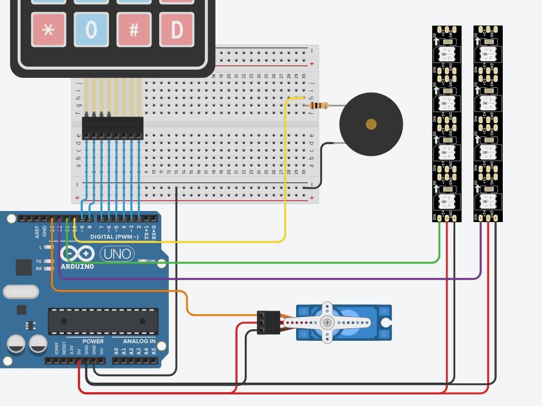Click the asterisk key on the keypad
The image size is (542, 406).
point(49,29)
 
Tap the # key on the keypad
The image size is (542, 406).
point(134,29)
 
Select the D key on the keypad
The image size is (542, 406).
point(177,29)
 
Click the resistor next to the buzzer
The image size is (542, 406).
point(319,106)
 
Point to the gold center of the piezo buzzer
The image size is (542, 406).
point(371,124)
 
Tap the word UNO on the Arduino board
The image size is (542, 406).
point(117,254)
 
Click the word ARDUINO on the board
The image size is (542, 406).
point(77,266)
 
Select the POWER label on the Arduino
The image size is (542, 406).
point(93,341)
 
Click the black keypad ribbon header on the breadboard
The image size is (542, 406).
point(112,128)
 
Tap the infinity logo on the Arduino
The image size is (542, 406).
point(81,254)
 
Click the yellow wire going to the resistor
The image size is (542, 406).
point(285,177)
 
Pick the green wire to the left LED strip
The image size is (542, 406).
point(276,262)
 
